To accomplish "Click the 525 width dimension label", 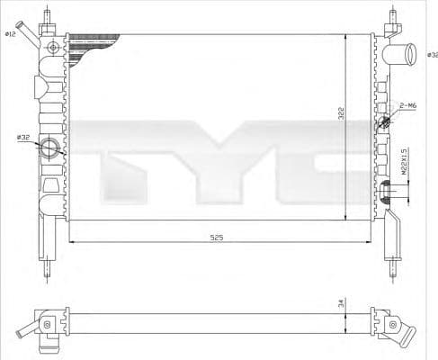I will pyautogui.click(x=216, y=237).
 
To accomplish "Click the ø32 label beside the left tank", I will pyautogui.click(x=23, y=137).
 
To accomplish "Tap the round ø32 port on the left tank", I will pyautogui.click(x=50, y=148).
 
